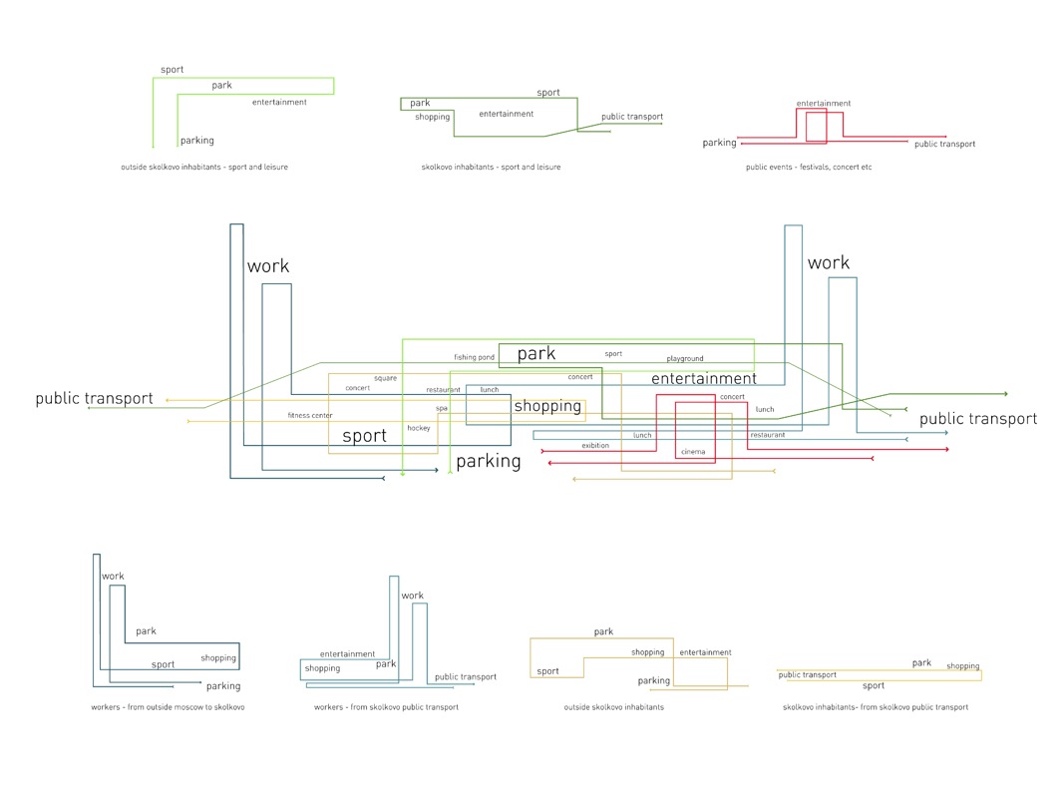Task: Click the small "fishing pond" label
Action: point(474,357)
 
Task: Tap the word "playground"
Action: point(685,358)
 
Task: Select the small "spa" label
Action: point(442,408)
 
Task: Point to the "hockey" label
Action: point(418,428)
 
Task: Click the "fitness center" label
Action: point(310,415)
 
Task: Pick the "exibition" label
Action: point(595,446)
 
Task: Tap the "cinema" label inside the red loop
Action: point(693,452)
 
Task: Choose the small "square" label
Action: point(385,378)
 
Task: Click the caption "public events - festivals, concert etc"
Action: point(809,168)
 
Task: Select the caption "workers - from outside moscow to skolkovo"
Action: point(168,707)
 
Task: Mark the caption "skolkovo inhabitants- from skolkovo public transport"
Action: point(876,707)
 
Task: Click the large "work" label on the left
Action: point(268,266)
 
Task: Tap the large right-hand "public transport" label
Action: point(977,419)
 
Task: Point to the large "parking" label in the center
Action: point(489,461)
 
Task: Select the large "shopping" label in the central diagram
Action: point(547,406)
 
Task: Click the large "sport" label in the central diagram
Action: point(364,436)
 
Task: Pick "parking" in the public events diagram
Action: point(719,143)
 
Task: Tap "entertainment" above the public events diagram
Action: point(824,103)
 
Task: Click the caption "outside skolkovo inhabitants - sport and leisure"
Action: point(204,168)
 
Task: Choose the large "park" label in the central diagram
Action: point(536,354)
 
